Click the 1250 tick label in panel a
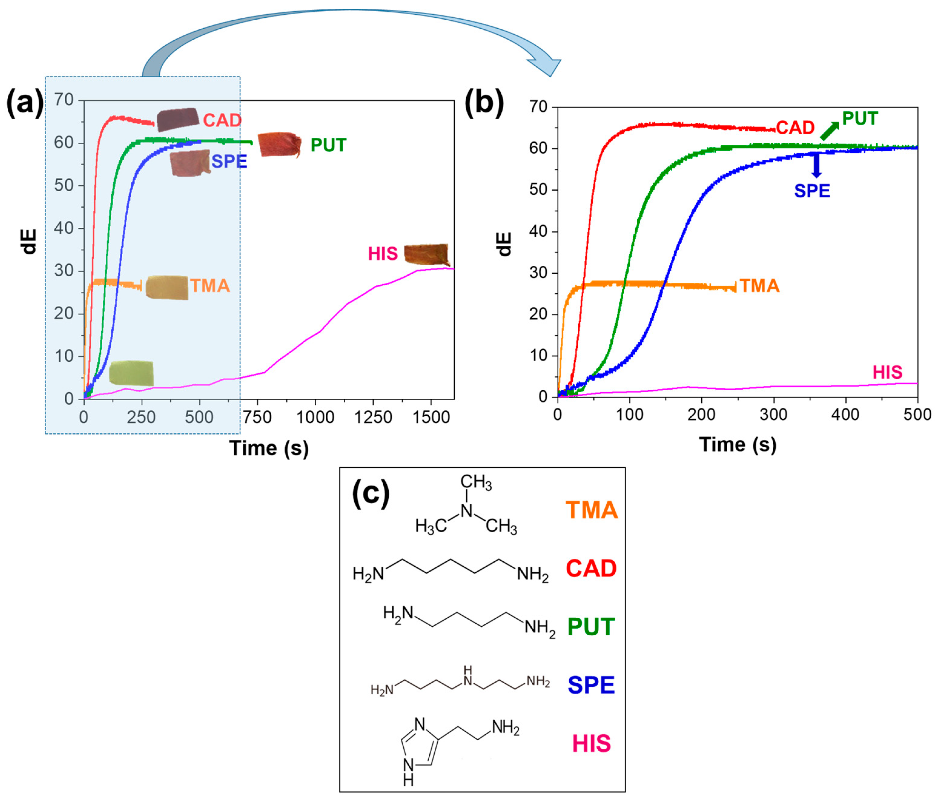click(373, 417)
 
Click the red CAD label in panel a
click(222, 120)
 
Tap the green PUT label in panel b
click(860, 119)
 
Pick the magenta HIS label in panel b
click(887, 373)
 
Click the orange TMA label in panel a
click(210, 286)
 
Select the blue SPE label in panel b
click(812, 191)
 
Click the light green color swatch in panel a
click(131, 374)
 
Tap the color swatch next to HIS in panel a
click(426, 254)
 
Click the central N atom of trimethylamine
click(466, 511)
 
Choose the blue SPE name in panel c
click(591, 685)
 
